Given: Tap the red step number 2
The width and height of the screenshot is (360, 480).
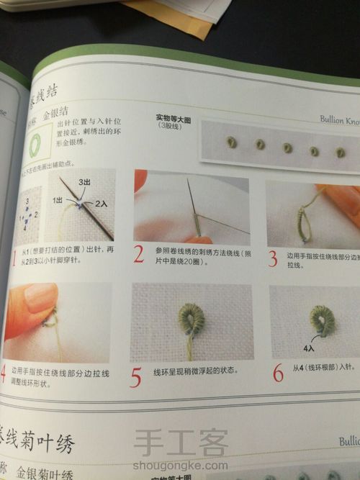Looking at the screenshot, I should pos(140,254).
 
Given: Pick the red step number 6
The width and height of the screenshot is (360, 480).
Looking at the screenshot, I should pos(277,373).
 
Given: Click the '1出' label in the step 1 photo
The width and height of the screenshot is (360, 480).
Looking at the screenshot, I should pos(58,201).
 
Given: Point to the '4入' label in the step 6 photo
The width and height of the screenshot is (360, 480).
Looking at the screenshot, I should pos(310,347).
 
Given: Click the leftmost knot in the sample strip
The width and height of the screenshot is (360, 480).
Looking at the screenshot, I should pos(232,141).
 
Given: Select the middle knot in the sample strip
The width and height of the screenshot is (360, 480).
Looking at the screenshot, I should pos(287,148).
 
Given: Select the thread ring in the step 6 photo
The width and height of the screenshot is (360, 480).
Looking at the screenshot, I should pos(320,321).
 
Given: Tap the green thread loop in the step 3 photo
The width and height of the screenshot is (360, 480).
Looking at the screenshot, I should pos(307,222).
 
